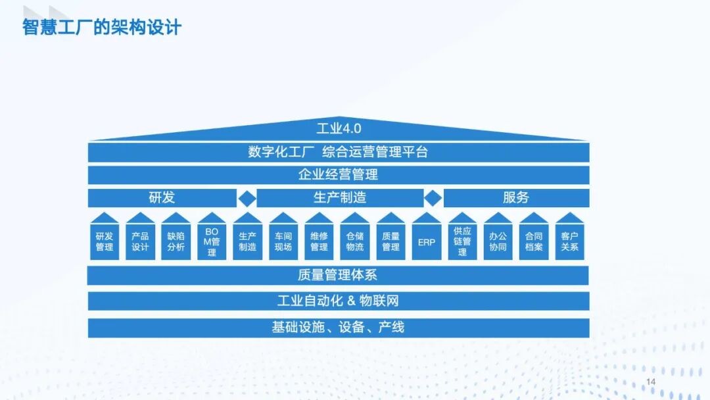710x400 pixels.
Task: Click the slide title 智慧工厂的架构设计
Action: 102,28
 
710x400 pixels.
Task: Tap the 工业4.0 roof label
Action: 339,128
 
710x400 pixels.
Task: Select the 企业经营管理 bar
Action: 339,174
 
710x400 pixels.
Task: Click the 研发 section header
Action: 162,197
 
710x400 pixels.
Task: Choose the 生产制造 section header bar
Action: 340,197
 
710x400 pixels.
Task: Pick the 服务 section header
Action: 516,197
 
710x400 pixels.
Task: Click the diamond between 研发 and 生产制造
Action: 247,197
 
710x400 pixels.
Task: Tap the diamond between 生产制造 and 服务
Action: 433,197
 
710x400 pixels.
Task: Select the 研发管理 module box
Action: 105,241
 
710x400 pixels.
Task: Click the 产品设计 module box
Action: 140,241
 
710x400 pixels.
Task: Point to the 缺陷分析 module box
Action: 176,241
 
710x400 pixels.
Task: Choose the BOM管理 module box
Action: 212,241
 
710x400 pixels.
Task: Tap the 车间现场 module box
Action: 283,241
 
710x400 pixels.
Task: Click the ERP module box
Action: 427,241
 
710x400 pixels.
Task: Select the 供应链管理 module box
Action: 462,241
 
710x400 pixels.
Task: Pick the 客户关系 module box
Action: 570,241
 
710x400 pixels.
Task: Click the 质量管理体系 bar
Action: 339,275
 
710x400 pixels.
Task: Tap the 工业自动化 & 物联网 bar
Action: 339,301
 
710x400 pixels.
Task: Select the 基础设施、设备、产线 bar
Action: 339,327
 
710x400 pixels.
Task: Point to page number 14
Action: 651,382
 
